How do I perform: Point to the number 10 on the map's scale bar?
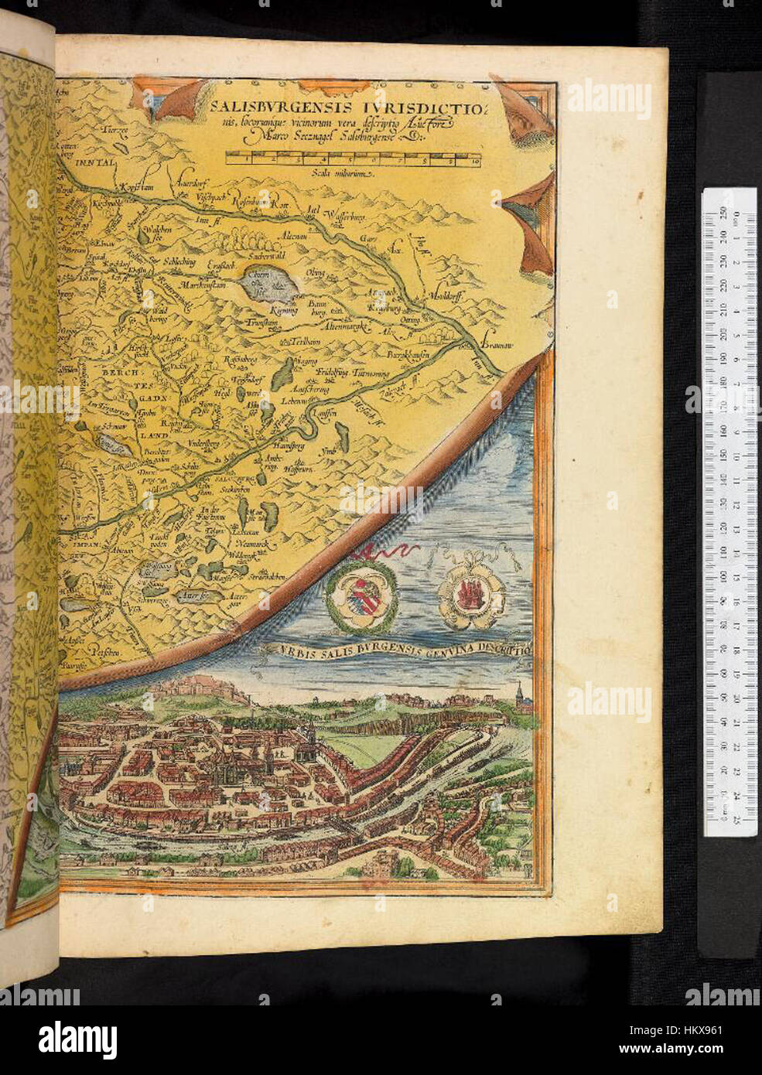click(x=473, y=161)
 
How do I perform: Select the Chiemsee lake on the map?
click(x=268, y=284)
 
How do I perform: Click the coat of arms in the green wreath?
click(x=360, y=594)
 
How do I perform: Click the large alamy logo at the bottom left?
click(x=77, y=1036)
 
